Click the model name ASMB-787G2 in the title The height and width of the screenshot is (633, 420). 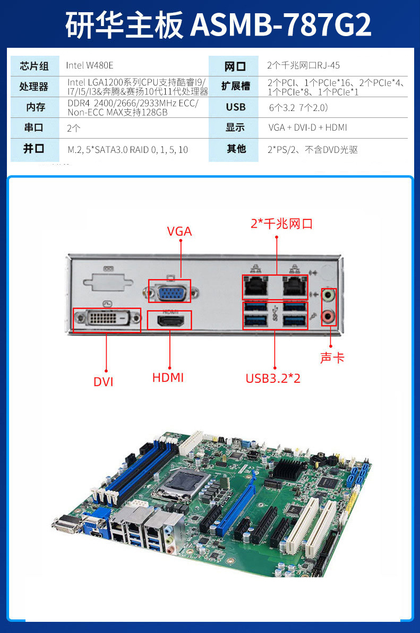[x=281, y=25]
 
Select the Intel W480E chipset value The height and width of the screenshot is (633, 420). [x=90, y=65]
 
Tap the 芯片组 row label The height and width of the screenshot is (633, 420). [x=35, y=66]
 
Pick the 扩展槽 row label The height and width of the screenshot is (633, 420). [x=236, y=86]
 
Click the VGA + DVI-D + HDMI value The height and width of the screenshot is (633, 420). [x=307, y=127]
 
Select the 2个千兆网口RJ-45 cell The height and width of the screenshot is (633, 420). [x=303, y=65]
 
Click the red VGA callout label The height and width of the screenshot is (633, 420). [x=179, y=232]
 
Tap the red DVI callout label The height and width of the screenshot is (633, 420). [x=104, y=381]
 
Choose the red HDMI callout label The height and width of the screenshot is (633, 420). [x=168, y=378]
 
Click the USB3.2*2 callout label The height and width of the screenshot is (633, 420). [x=273, y=378]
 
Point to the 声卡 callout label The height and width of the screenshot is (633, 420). [x=332, y=358]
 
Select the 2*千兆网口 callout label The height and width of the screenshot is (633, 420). [x=281, y=223]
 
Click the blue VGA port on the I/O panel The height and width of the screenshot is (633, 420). [x=172, y=292]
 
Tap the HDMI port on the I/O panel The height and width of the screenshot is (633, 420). [x=170, y=321]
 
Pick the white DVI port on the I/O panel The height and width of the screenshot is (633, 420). [x=107, y=319]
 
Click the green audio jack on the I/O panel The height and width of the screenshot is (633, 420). [x=329, y=295]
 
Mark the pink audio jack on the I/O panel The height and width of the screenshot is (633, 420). [x=329, y=316]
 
